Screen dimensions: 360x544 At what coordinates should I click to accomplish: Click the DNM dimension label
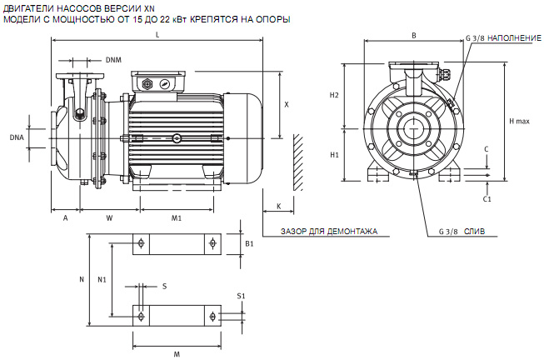(114, 60)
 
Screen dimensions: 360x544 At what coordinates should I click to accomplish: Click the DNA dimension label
(17, 137)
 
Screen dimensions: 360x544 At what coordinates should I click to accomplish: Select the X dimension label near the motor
(287, 105)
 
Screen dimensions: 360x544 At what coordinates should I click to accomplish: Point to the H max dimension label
(519, 122)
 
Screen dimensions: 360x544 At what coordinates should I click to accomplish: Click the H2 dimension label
(334, 95)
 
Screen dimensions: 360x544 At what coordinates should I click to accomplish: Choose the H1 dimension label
(334, 155)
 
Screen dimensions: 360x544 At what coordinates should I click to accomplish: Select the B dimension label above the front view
(414, 35)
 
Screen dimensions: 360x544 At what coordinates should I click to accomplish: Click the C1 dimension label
(487, 199)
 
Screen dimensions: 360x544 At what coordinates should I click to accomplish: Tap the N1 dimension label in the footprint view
(102, 278)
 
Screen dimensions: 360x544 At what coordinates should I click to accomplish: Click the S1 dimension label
(241, 296)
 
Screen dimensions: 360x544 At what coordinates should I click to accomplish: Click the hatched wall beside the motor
(297, 162)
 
